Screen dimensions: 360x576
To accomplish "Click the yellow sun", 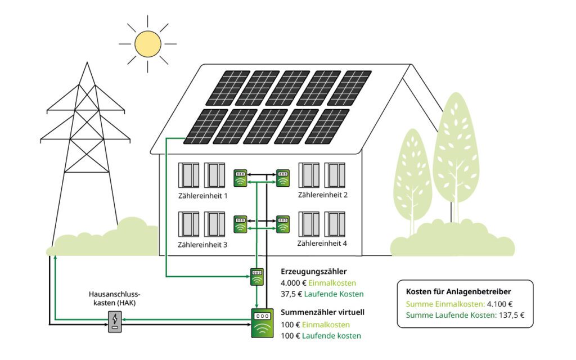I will [x=148, y=43].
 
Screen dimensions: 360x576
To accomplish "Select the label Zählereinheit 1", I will [x=202, y=196].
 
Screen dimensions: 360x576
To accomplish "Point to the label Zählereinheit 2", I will [x=323, y=195].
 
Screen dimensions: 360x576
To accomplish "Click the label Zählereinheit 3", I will [x=202, y=245].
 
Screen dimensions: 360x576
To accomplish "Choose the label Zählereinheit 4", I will [x=322, y=244].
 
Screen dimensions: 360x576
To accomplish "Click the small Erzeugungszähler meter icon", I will [x=256, y=277].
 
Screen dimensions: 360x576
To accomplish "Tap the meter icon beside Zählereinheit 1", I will [x=240, y=178].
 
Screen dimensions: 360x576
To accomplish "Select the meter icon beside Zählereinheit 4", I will [x=282, y=223].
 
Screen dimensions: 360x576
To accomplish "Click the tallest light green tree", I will [x=456, y=152].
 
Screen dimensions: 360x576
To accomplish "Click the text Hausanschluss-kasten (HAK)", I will [x=114, y=298].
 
